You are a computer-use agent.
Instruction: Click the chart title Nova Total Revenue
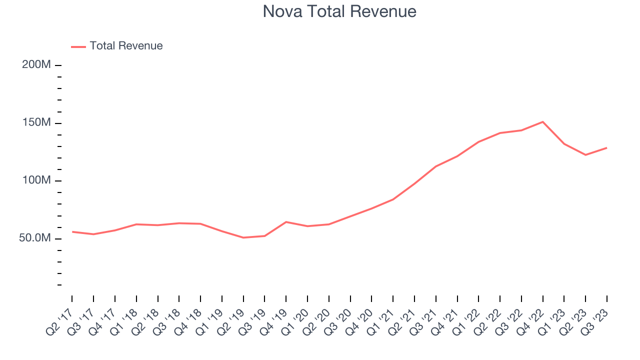tap(339, 11)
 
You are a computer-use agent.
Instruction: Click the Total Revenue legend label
tap(126, 46)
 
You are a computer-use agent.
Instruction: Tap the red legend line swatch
tap(78, 46)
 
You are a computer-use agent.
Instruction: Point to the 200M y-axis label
tap(36, 65)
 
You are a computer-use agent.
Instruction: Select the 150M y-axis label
tap(36, 123)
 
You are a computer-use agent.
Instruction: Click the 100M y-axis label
tap(36, 180)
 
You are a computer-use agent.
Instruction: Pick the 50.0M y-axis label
tap(35, 238)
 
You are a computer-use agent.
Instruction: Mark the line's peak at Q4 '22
tap(543, 121)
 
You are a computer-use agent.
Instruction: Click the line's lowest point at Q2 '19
tap(243, 237)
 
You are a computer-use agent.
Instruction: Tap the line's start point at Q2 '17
tap(72, 231)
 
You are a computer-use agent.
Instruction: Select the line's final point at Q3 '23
tap(607, 147)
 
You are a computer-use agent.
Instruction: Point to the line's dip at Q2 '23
tap(585, 155)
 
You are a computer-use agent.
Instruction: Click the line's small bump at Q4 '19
tap(286, 221)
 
